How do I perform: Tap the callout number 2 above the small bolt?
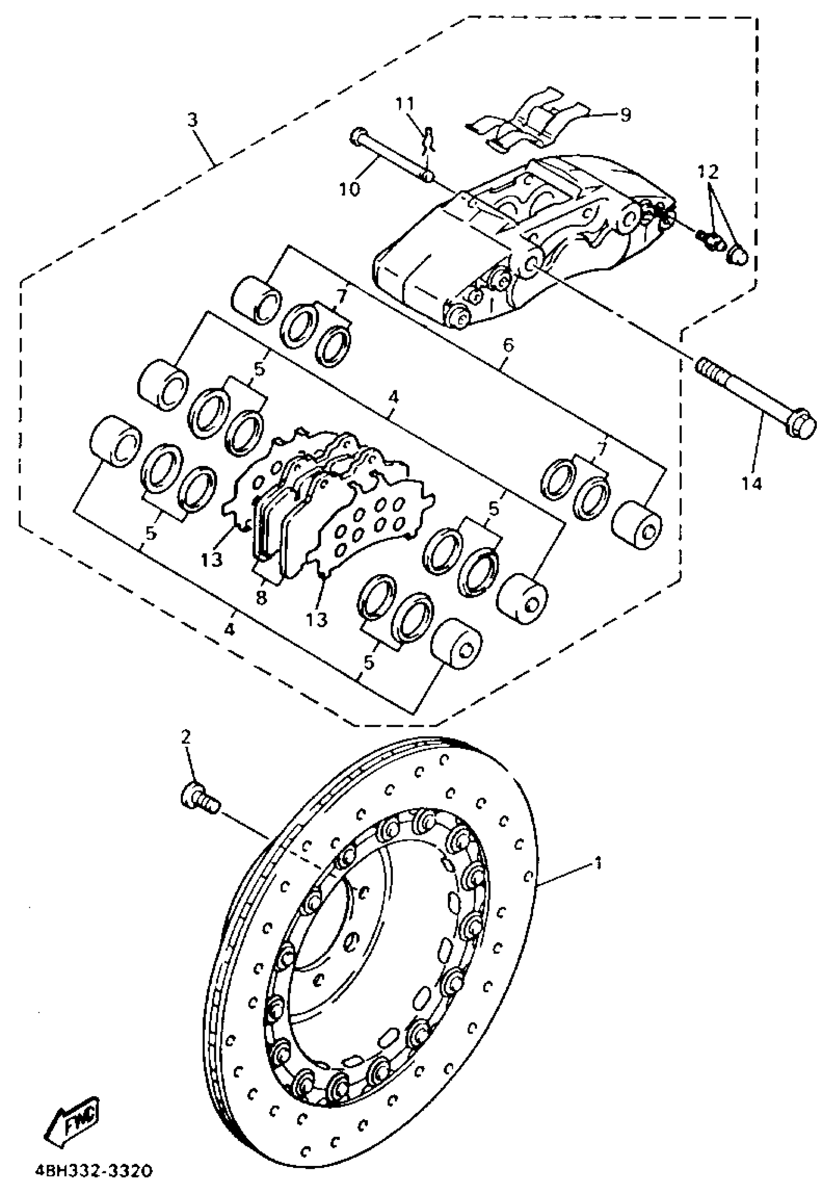click(x=185, y=736)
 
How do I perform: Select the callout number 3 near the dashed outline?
click(x=192, y=121)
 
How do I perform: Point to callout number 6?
click(x=508, y=344)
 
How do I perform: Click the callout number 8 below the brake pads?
click(x=261, y=598)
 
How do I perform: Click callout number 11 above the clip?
click(x=405, y=104)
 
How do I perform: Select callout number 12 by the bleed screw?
click(x=710, y=172)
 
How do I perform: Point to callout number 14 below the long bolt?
click(x=752, y=484)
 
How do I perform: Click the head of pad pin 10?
click(x=358, y=136)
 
